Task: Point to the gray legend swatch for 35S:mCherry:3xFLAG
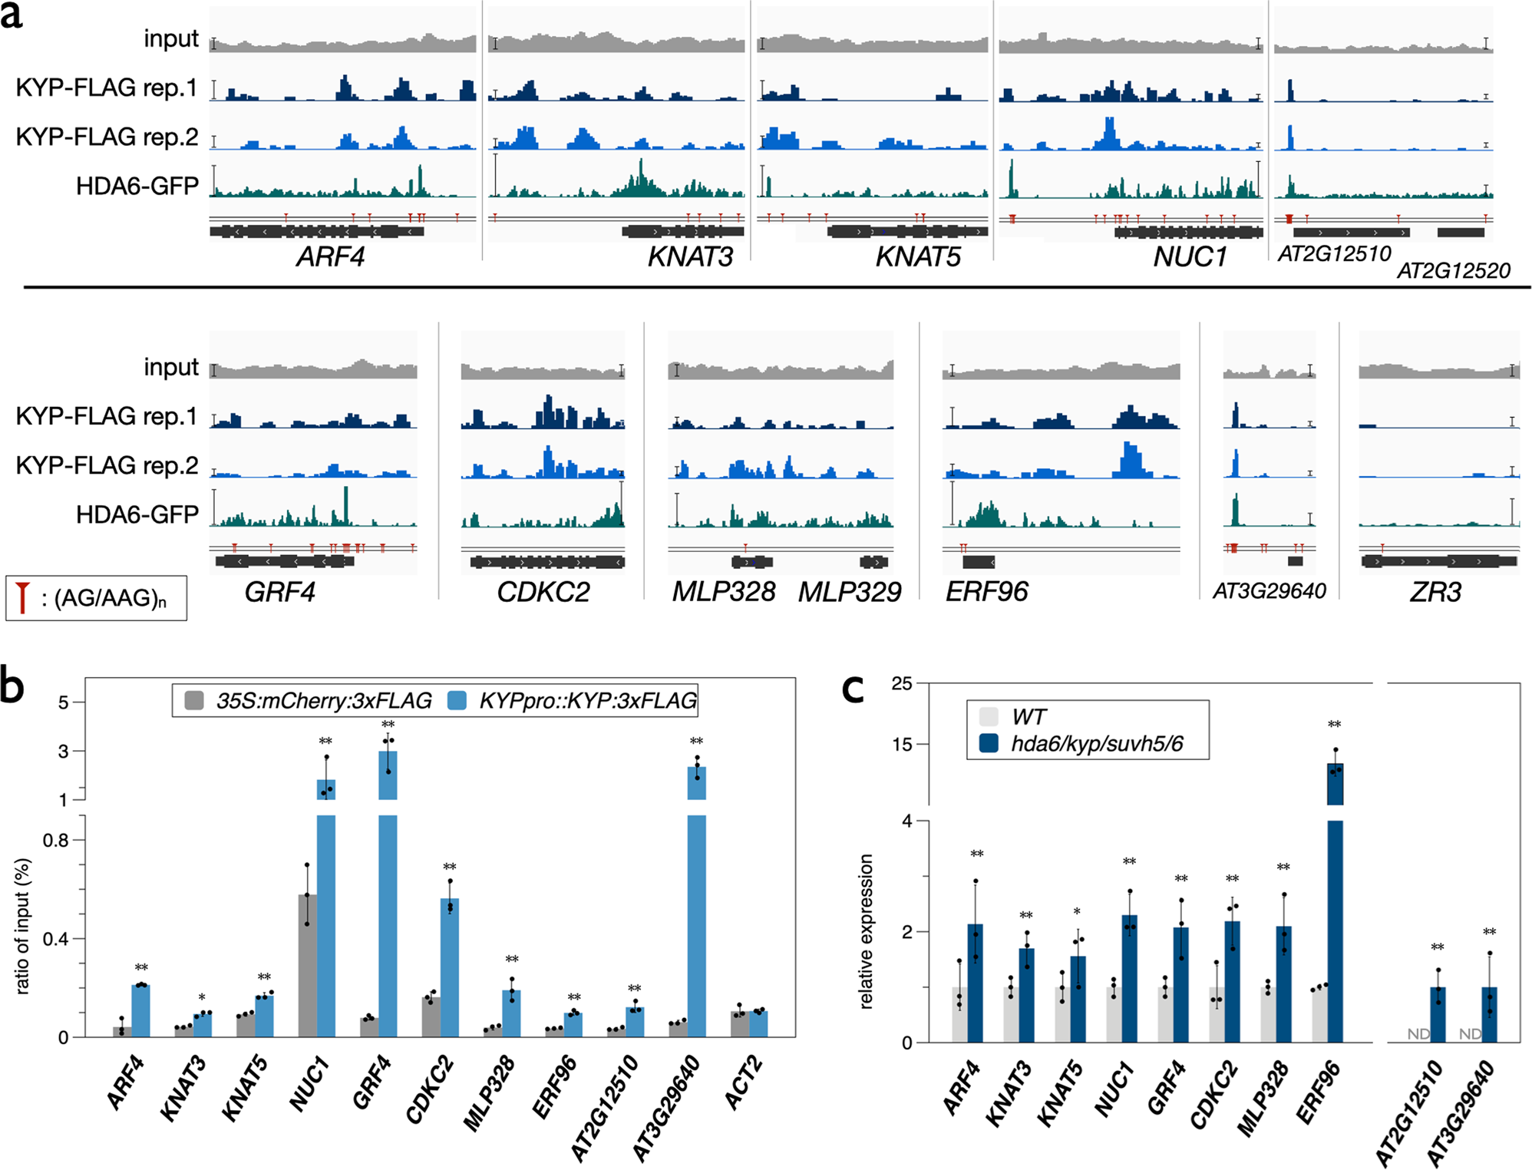pos(195,700)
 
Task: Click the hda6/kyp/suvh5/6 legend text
pos(1097,743)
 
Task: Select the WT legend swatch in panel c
pos(989,717)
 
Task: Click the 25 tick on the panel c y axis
pos(902,683)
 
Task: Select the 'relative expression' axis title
pos(866,930)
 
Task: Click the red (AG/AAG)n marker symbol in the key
pos(23,597)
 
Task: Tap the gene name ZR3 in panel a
pos(1435,592)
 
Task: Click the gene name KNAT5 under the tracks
pos(918,256)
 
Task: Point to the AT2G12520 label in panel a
pos(1453,270)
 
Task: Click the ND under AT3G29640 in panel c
pos(1469,1033)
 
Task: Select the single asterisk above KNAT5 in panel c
pos(1077,912)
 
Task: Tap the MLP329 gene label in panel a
pos(849,592)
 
